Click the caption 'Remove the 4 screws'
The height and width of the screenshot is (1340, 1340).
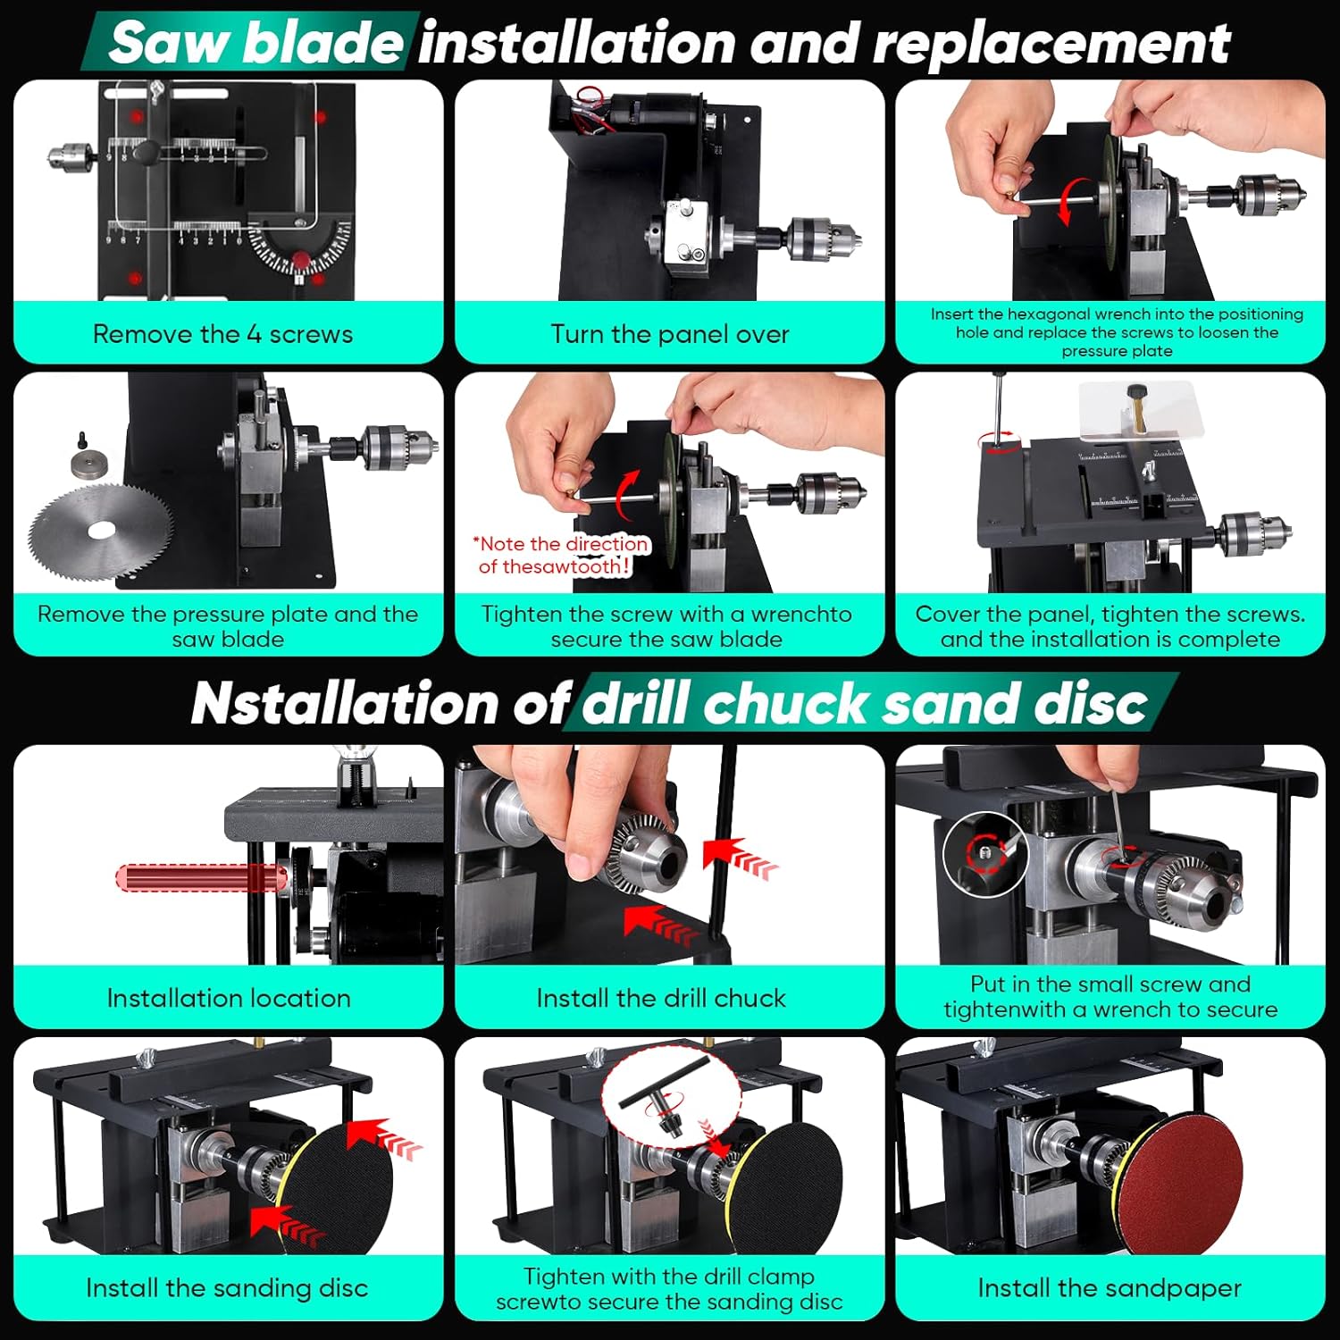[222, 334]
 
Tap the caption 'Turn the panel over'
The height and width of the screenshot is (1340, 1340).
[670, 334]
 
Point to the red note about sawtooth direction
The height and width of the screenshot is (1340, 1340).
[561, 555]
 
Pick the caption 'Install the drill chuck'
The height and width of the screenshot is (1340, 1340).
[661, 998]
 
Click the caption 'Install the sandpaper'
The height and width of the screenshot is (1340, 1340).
[1110, 1288]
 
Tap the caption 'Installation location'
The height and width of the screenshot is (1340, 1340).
[229, 998]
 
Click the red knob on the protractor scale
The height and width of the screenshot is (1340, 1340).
[302, 261]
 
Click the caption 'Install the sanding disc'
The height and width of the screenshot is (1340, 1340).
[227, 1288]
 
